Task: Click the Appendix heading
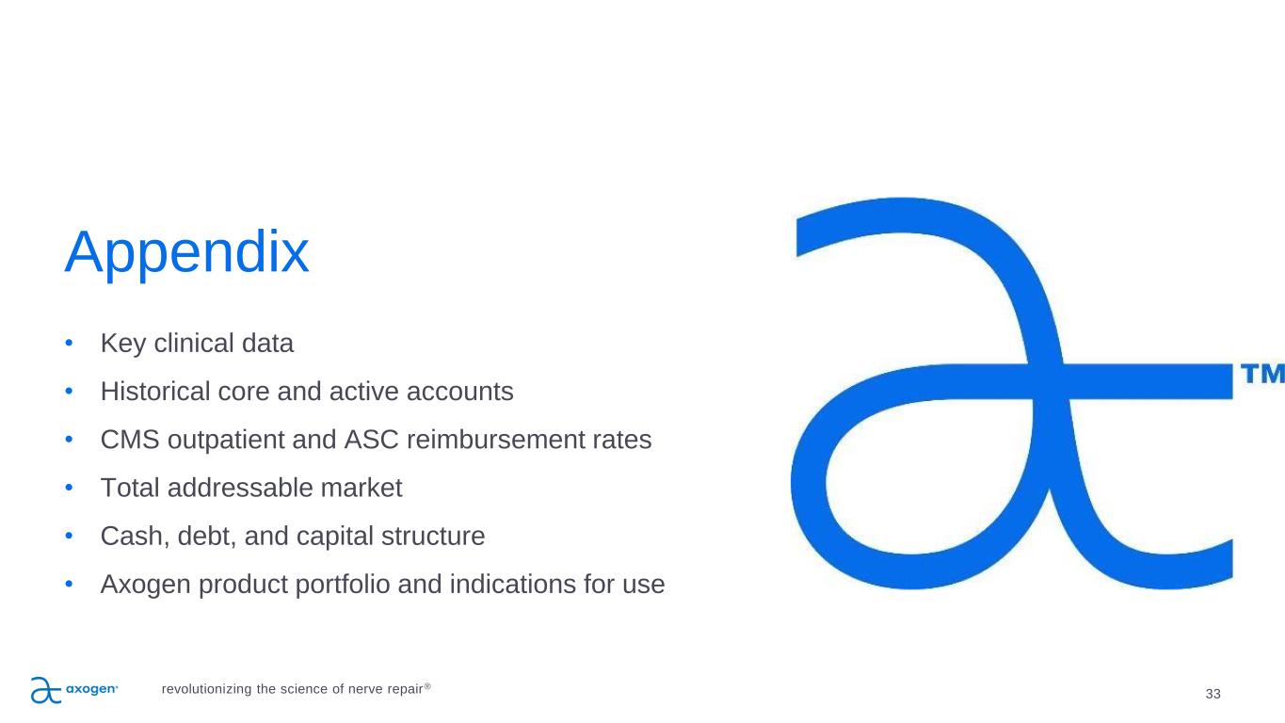click(x=187, y=252)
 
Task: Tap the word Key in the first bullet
click(x=122, y=344)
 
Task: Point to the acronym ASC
click(x=371, y=440)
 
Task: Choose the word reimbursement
click(x=495, y=440)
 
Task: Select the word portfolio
click(x=343, y=585)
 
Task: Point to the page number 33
click(x=1213, y=694)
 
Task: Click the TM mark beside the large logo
click(x=1262, y=373)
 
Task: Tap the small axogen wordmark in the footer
click(x=92, y=688)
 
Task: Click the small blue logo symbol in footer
click(x=46, y=690)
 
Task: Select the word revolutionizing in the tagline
click(x=206, y=689)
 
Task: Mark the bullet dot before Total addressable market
click(x=69, y=488)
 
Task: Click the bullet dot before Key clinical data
click(x=69, y=343)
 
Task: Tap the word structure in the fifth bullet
click(x=433, y=536)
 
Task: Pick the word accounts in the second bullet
click(x=460, y=392)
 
